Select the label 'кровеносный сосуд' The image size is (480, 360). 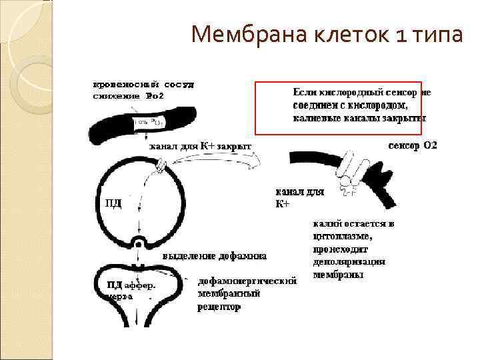pos(143,85)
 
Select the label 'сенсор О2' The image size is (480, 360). pos(413,145)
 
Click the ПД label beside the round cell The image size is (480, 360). pos(113,203)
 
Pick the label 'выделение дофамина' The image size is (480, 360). pos(215,256)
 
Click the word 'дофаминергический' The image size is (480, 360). pos(247,281)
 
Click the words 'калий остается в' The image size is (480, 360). pos(353,224)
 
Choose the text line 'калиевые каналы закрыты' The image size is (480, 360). pos(359,118)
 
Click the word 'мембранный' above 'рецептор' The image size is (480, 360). pos(229,294)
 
